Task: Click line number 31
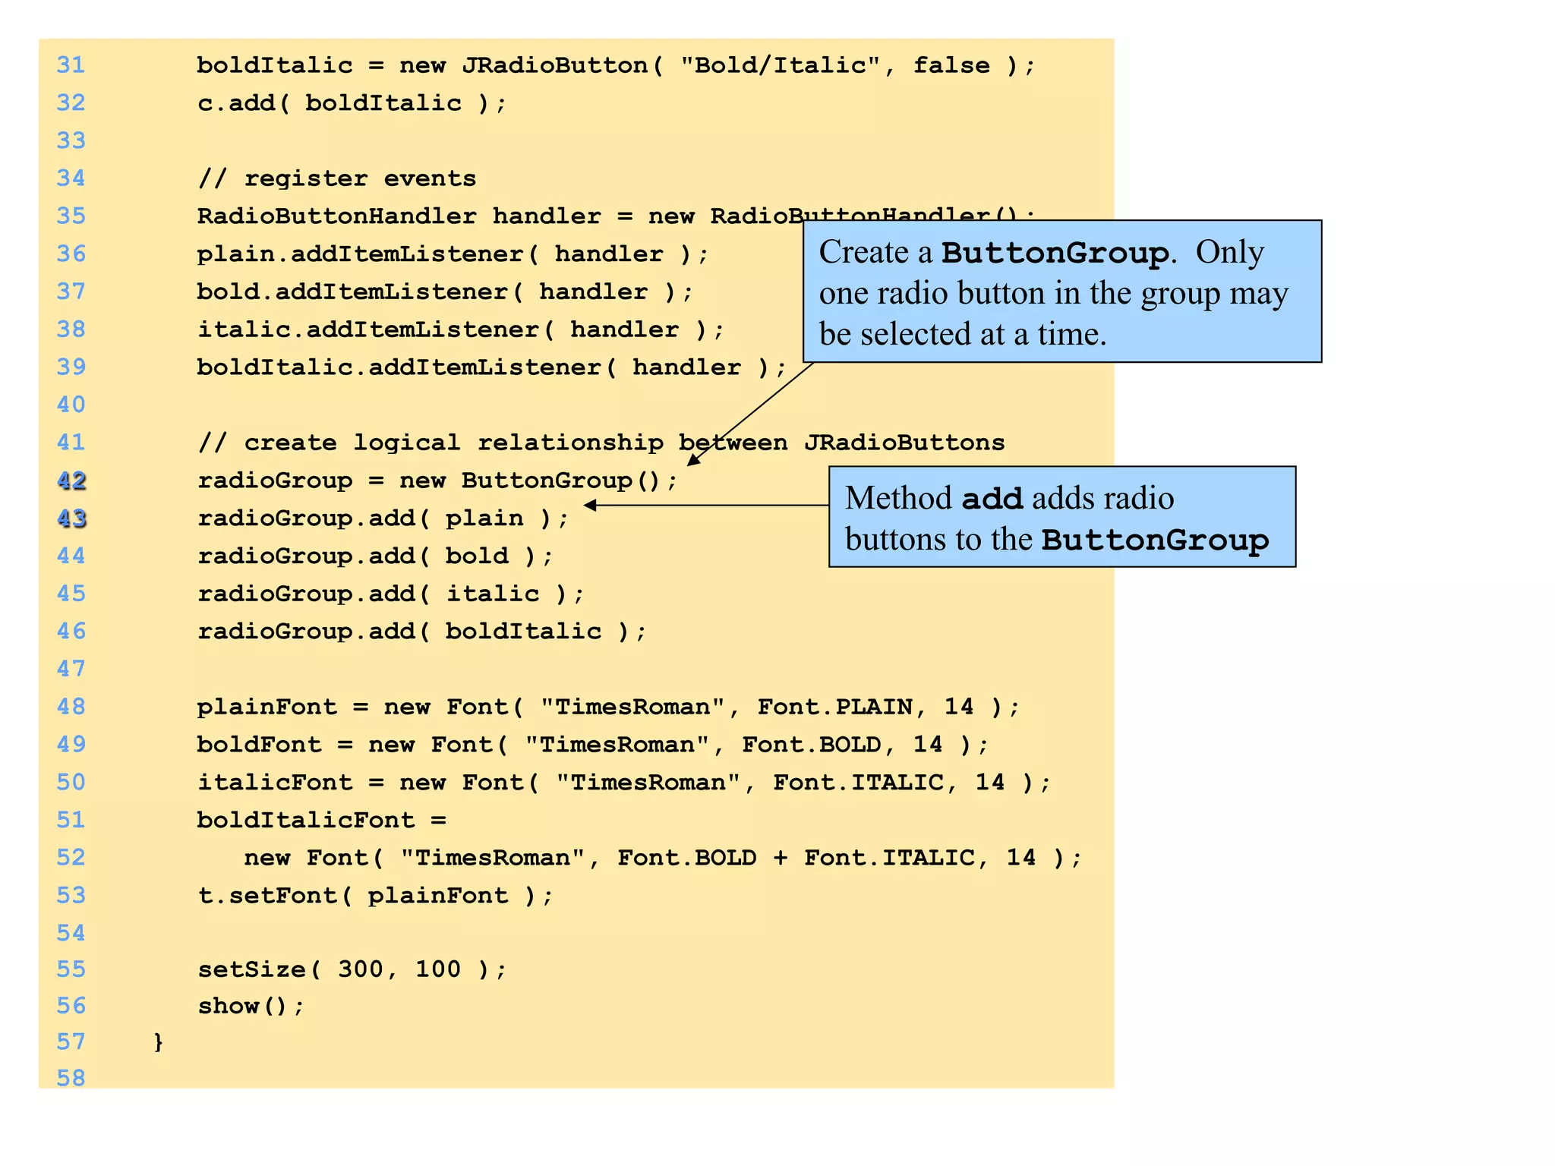(x=71, y=65)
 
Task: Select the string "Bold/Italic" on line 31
(x=781, y=65)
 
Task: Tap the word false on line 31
(x=951, y=65)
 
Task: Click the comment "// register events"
(x=336, y=178)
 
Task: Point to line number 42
(x=71, y=481)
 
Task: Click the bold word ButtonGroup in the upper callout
(x=1055, y=253)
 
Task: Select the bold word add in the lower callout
(x=992, y=499)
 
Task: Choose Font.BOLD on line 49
(x=812, y=745)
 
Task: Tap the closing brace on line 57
(x=158, y=1042)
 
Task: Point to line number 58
(x=71, y=1078)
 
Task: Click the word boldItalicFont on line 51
(x=305, y=820)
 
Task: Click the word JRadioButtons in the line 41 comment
(x=904, y=443)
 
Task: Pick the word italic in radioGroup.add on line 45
(x=492, y=594)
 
